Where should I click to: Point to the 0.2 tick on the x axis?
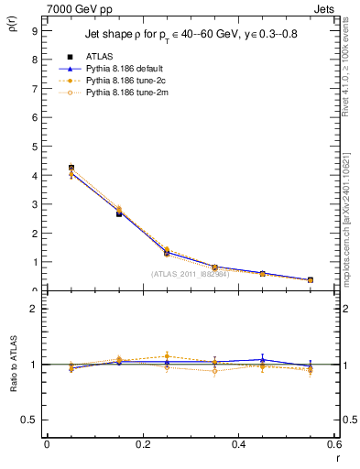pos(143,444)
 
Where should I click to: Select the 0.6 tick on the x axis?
pos(334,444)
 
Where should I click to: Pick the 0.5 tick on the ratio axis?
pos(30,420)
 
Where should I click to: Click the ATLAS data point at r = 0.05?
pos(71,168)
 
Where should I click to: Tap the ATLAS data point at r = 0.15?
pos(119,213)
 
